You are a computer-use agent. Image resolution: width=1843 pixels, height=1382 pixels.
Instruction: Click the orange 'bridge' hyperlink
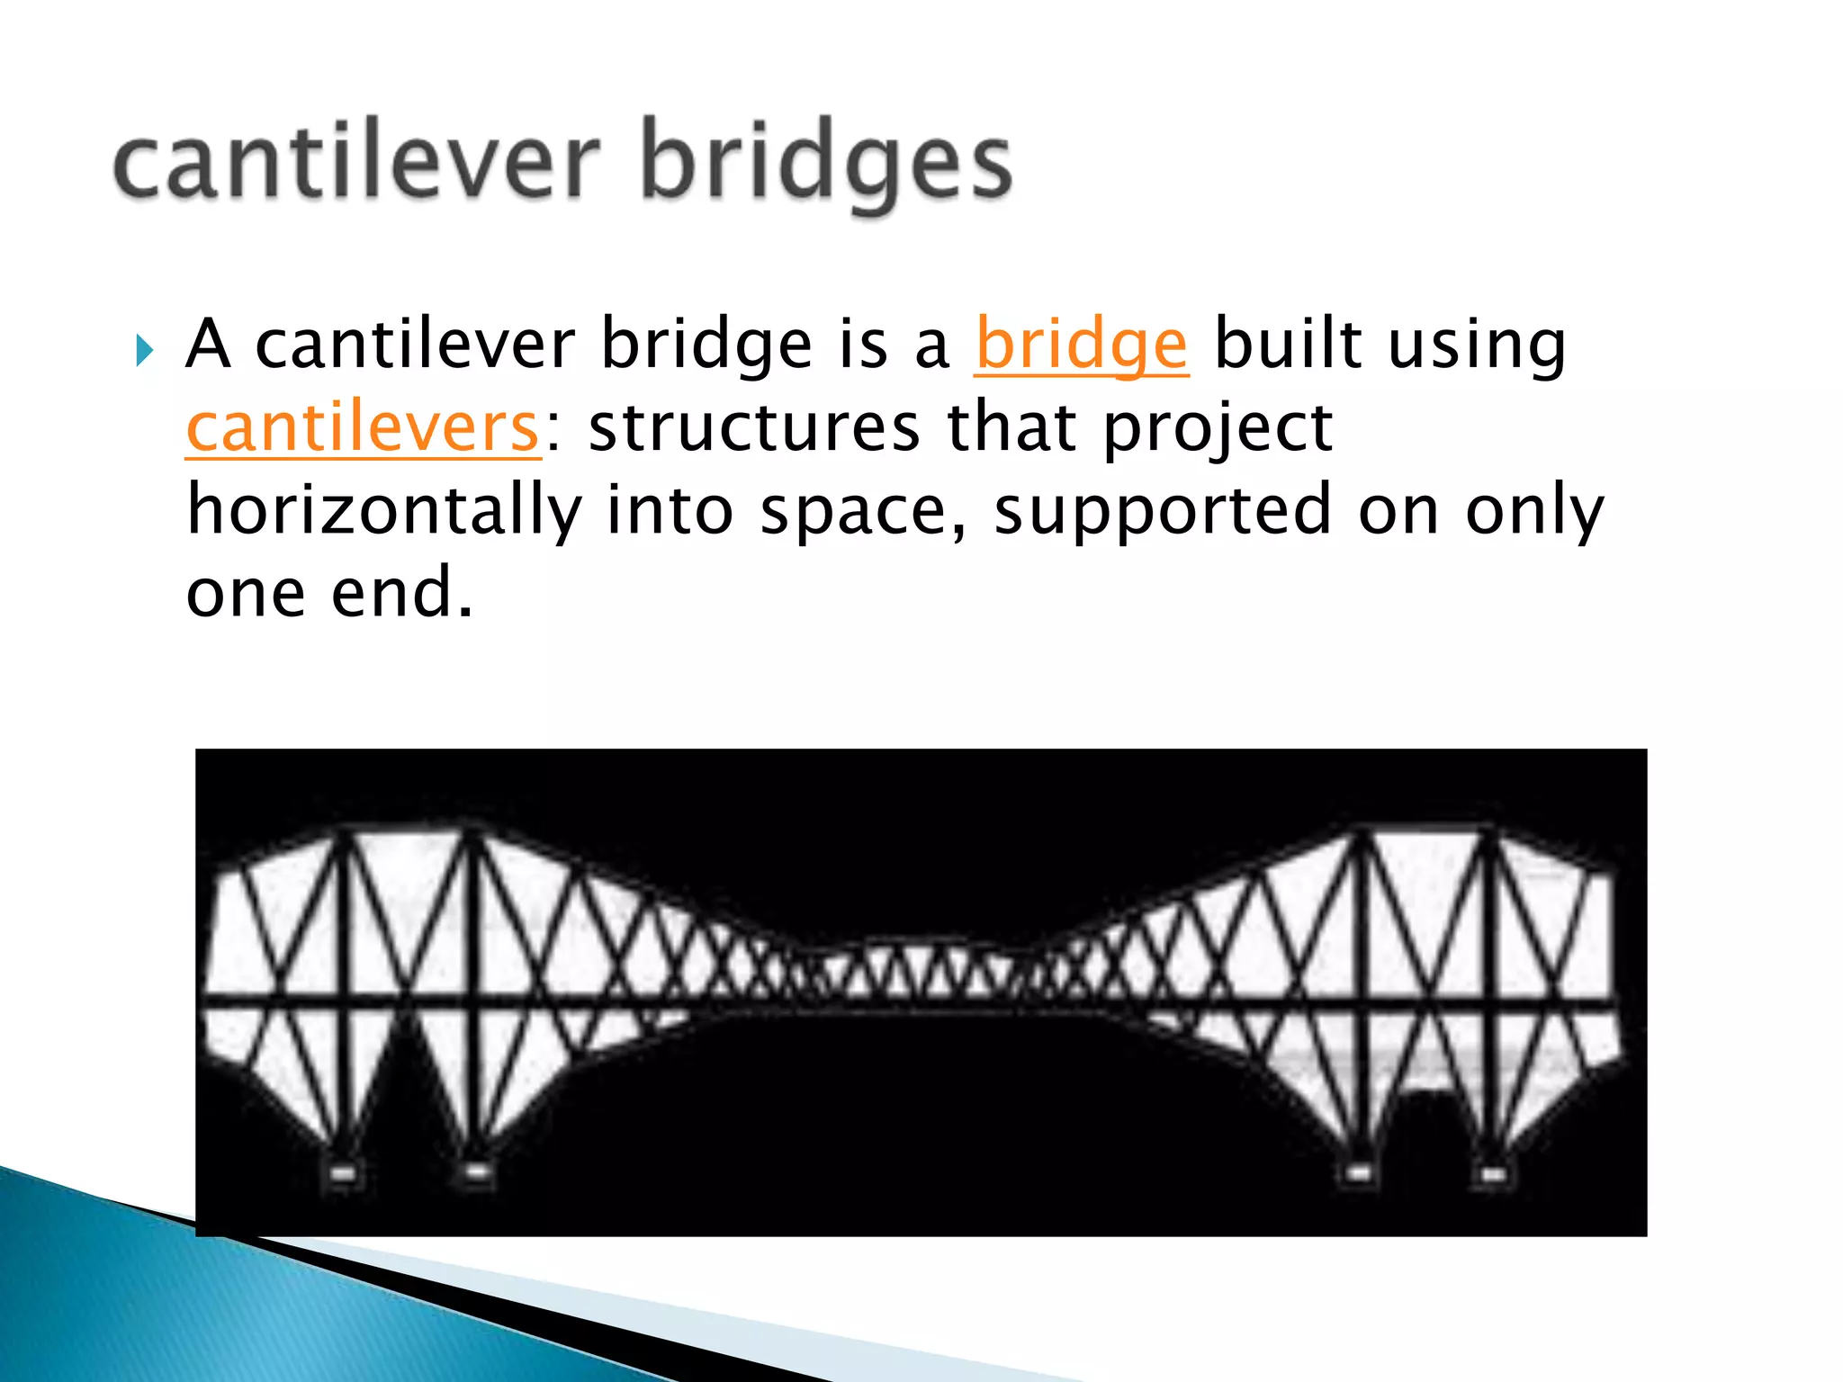pyautogui.click(x=1082, y=345)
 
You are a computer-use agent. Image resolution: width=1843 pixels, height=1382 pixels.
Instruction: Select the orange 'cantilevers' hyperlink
pyautogui.click(x=363, y=427)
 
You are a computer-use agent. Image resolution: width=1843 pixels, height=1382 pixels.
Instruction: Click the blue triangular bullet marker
pyautogui.click(x=145, y=350)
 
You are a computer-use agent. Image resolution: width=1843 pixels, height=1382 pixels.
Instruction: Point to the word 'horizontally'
pyautogui.click(x=384, y=510)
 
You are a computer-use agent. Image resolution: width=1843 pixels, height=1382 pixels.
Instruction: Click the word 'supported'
pyautogui.click(x=1162, y=510)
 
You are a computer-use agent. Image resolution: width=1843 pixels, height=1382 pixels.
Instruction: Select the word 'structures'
pyautogui.click(x=754, y=427)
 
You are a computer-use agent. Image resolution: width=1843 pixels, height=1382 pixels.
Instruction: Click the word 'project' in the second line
pyautogui.click(x=1218, y=427)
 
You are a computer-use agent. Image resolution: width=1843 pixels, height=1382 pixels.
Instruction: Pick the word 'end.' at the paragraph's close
pyautogui.click(x=401, y=593)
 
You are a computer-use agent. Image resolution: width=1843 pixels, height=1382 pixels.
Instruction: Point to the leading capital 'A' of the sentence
pyautogui.click(x=208, y=345)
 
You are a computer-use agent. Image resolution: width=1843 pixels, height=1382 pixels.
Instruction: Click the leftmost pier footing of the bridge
pyautogui.click(x=343, y=1172)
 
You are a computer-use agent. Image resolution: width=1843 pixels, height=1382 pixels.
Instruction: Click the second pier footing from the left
pyautogui.click(x=476, y=1171)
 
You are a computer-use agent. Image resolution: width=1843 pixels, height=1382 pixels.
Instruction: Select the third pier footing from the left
pyautogui.click(x=1358, y=1173)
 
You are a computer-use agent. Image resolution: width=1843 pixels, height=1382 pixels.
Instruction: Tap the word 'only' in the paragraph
pyautogui.click(x=1534, y=510)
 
